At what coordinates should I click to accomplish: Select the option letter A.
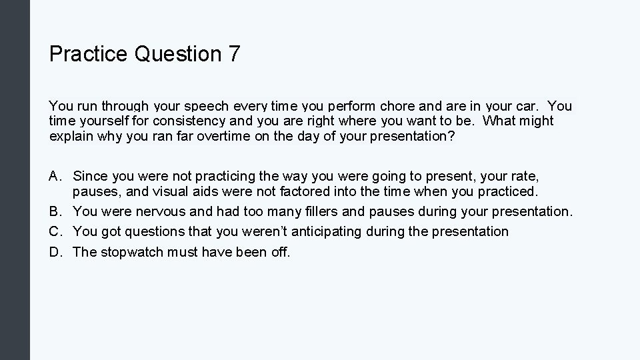click(55, 177)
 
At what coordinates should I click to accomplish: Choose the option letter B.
click(55, 211)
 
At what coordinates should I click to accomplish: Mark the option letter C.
click(55, 231)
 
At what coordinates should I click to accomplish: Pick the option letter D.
click(55, 251)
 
